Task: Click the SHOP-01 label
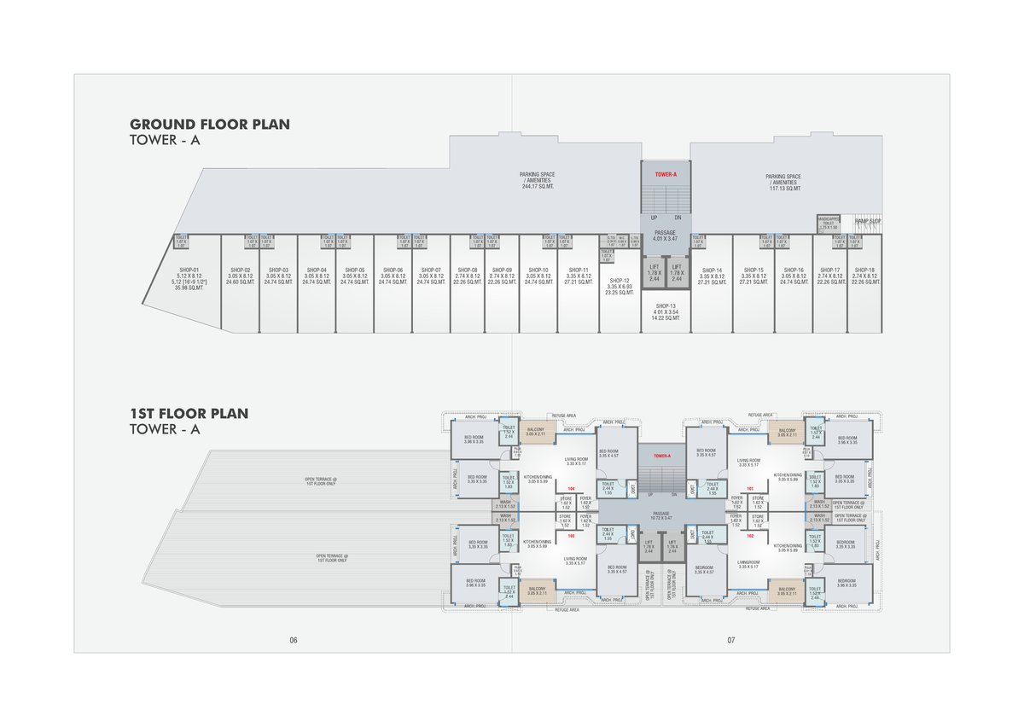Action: (x=188, y=270)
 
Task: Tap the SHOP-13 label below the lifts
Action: (x=666, y=305)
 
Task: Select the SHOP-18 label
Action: (x=864, y=270)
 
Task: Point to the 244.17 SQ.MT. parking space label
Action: (x=537, y=180)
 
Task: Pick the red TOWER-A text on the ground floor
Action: (x=666, y=174)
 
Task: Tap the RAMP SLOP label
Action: (x=869, y=221)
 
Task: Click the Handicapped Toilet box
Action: (x=829, y=224)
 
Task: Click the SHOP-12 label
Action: (x=620, y=280)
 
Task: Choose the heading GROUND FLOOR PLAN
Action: (x=210, y=125)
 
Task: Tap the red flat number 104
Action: (x=571, y=489)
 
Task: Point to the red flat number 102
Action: (x=751, y=536)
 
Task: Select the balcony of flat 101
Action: (x=787, y=433)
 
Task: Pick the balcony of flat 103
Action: (x=536, y=590)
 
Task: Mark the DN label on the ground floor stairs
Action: (x=678, y=218)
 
